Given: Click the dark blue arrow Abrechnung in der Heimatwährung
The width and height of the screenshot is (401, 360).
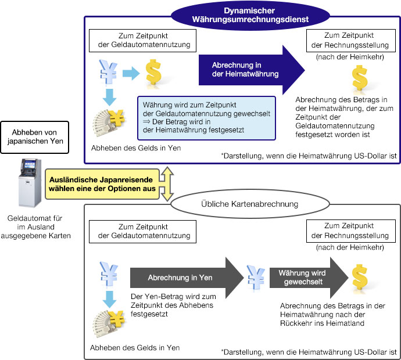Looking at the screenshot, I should (x=251, y=70).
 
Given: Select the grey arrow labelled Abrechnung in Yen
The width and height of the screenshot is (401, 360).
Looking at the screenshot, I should (x=186, y=278).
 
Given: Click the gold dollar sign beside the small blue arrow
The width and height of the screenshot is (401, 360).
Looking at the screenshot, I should (x=153, y=72).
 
